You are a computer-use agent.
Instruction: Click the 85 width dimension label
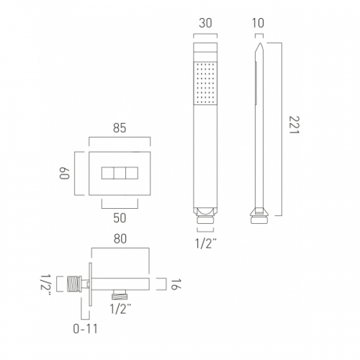click(120, 128)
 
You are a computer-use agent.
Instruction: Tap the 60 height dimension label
click(64, 173)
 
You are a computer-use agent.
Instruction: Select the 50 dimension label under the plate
click(120, 218)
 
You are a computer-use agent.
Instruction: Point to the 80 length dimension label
click(120, 239)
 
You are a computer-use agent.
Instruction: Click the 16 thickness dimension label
click(176, 284)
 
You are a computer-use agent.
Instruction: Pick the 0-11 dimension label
click(86, 329)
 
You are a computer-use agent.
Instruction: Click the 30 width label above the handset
click(205, 23)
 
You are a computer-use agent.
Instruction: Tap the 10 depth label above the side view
click(258, 23)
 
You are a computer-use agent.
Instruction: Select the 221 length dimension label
click(294, 125)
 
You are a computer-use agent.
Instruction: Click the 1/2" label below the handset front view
click(206, 244)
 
